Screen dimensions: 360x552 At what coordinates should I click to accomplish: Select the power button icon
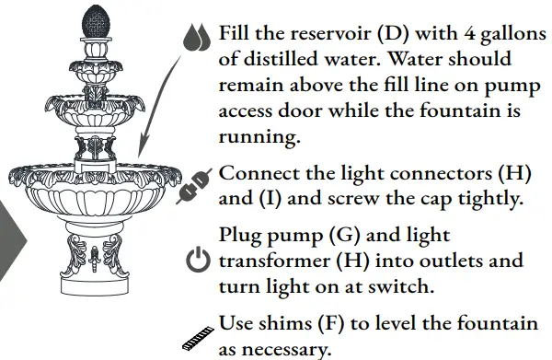pos(198,261)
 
